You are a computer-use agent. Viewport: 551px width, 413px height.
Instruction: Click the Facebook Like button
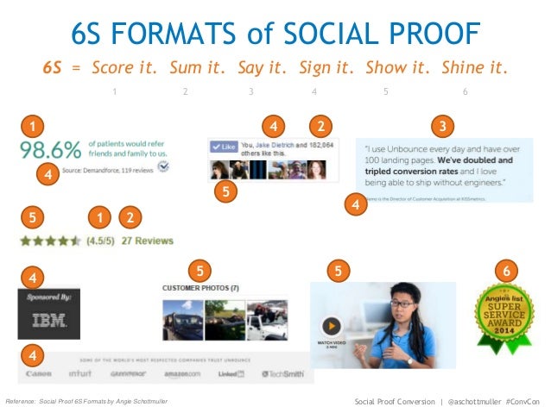coord(224,147)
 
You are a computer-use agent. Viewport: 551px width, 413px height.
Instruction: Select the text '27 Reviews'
coord(148,241)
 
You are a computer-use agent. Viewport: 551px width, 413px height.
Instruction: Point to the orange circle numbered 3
coord(443,128)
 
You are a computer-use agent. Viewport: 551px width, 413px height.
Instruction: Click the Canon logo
coord(39,374)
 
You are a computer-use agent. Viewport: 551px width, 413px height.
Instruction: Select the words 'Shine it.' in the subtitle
coord(474,67)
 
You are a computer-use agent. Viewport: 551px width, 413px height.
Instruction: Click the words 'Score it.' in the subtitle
coord(123,67)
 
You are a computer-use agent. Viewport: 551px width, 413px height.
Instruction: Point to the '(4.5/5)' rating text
coord(102,241)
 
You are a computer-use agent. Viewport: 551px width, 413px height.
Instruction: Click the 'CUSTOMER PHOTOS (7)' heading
coord(200,287)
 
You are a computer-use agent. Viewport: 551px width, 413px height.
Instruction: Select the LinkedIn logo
coord(231,374)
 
